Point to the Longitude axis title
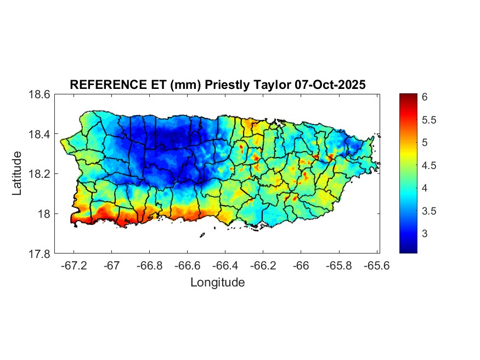pyautogui.click(x=217, y=283)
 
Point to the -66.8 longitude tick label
pyautogui.click(x=149, y=265)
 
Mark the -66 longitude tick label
pyautogui.click(x=301, y=265)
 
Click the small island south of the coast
pyautogui.click(x=202, y=235)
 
